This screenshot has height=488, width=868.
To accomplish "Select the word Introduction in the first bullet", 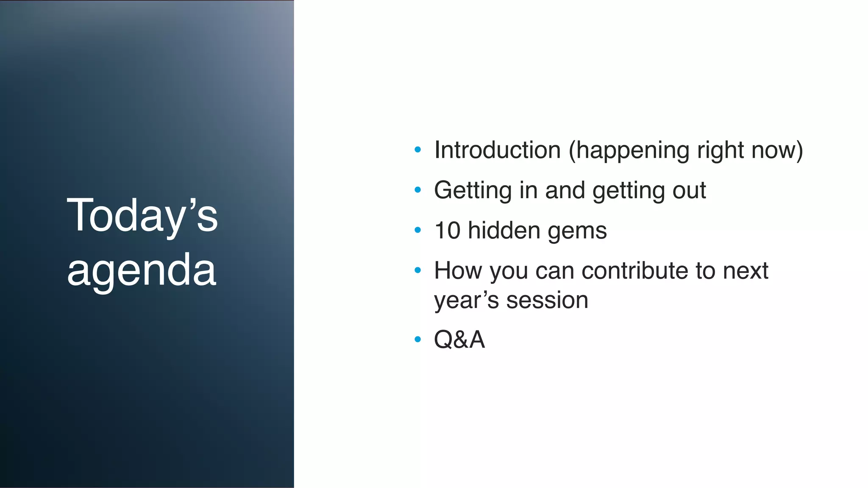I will tap(497, 150).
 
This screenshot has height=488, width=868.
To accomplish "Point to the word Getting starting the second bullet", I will tap(473, 191).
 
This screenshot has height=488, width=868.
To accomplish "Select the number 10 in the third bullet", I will tap(447, 231).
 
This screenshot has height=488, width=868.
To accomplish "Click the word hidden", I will tap(504, 231).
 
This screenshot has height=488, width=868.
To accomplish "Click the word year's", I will tap(466, 301).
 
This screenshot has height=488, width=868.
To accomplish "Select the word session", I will tap(547, 301).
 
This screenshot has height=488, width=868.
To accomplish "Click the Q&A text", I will tap(459, 340).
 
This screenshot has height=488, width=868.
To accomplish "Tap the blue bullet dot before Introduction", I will tap(418, 150).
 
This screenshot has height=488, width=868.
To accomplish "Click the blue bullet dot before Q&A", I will tap(418, 339).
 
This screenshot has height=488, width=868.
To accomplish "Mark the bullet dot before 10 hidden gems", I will tap(418, 230).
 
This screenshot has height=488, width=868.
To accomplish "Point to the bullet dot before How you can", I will tap(418, 270).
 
